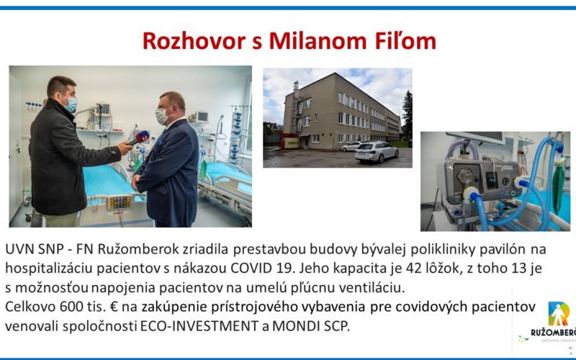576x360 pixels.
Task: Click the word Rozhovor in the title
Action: pyautogui.click(x=194, y=41)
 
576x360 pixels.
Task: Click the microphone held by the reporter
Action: pyautogui.click(x=138, y=138)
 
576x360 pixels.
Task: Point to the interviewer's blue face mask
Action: pyautogui.click(x=71, y=104)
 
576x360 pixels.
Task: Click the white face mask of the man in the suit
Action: pyautogui.click(x=162, y=117)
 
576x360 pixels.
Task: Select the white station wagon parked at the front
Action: pyautogui.click(x=377, y=152)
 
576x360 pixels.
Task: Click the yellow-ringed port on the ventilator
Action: pyautogui.click(x=470, y=194)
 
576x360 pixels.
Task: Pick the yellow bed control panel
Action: pyautogui.click(x=119, y=202)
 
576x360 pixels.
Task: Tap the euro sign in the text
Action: pyautogui.click(x=114, y=307)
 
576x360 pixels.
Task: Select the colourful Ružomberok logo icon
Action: pyautogui.click(x=559, y=313)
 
